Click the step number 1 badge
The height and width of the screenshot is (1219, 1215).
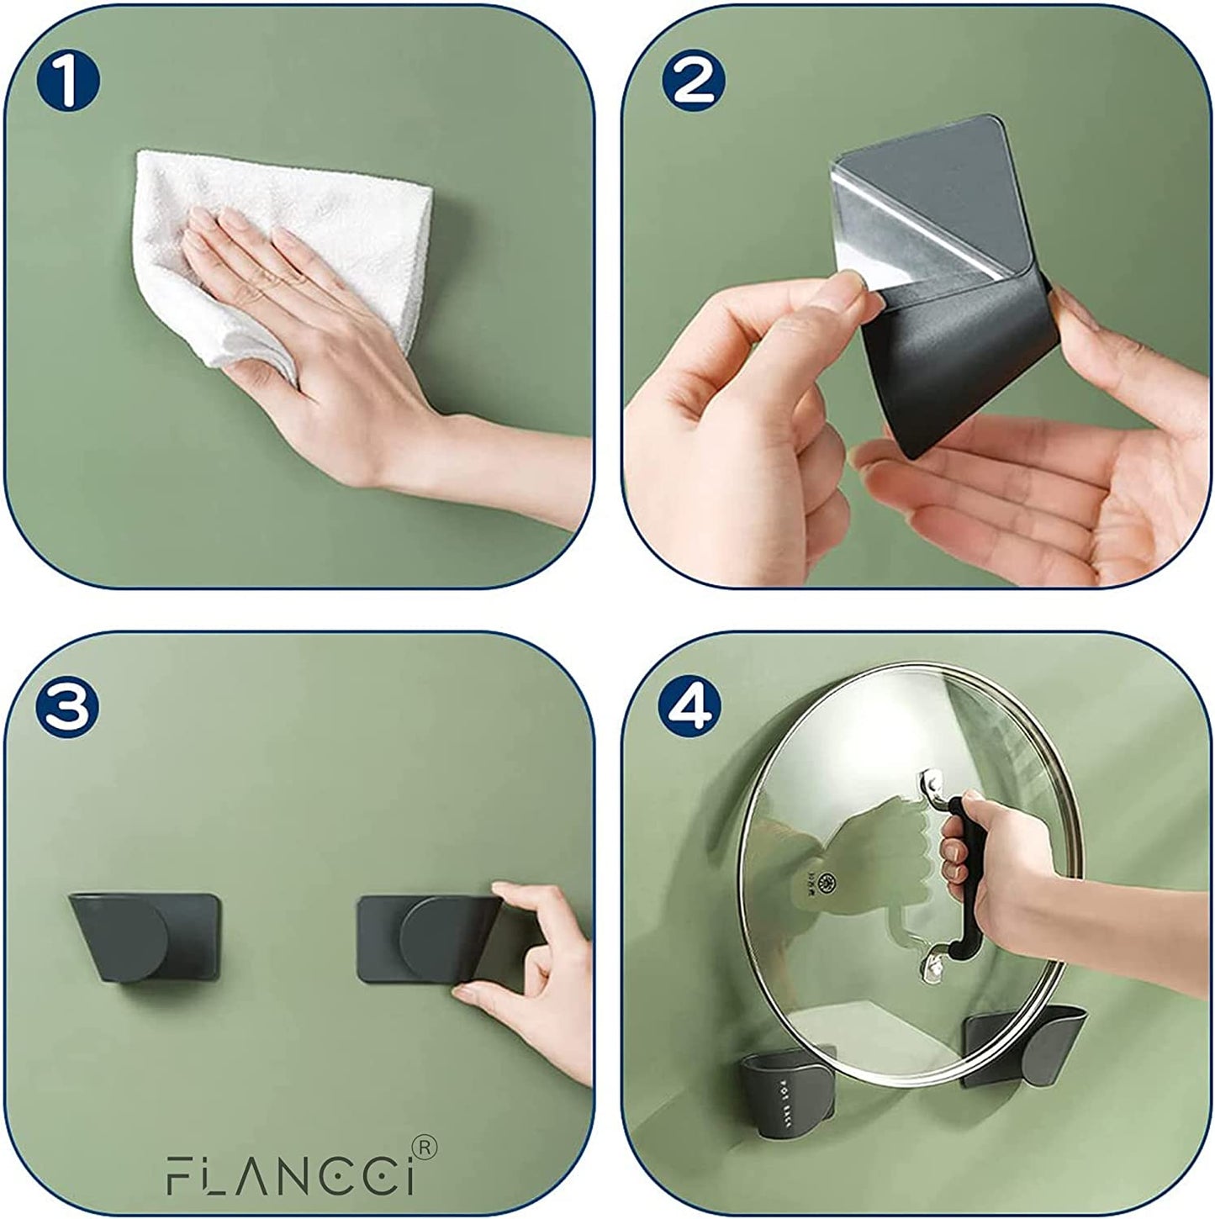pos(68,82)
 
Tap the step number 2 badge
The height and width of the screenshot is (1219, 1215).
pos(691,82)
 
